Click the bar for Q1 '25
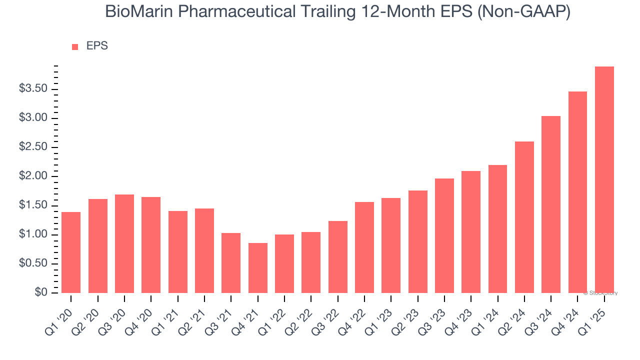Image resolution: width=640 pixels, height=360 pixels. click(604, 179)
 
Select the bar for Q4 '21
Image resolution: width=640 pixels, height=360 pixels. click(257, 267)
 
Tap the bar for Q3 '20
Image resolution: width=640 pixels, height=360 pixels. click(124, 243)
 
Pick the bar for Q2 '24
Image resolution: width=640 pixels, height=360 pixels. click(524, 217)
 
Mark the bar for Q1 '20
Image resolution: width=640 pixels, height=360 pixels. click(71, 252)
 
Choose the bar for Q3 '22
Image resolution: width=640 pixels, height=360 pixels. click(337, 256)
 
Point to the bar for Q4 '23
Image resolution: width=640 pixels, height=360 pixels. click(471, 231)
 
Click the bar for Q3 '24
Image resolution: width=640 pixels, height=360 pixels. click(551, 204)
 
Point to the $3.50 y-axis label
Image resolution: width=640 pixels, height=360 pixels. click(33, 89)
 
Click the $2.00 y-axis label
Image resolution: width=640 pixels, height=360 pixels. click(33, 176)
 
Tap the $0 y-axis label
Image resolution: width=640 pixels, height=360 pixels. click(41, 292)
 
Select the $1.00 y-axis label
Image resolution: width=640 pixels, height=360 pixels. click(33, 234)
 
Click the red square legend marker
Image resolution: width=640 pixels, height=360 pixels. click(75, 46)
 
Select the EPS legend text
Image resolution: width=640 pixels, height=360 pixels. click(97, 46)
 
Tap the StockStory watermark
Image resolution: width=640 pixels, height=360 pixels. click(600, 293)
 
